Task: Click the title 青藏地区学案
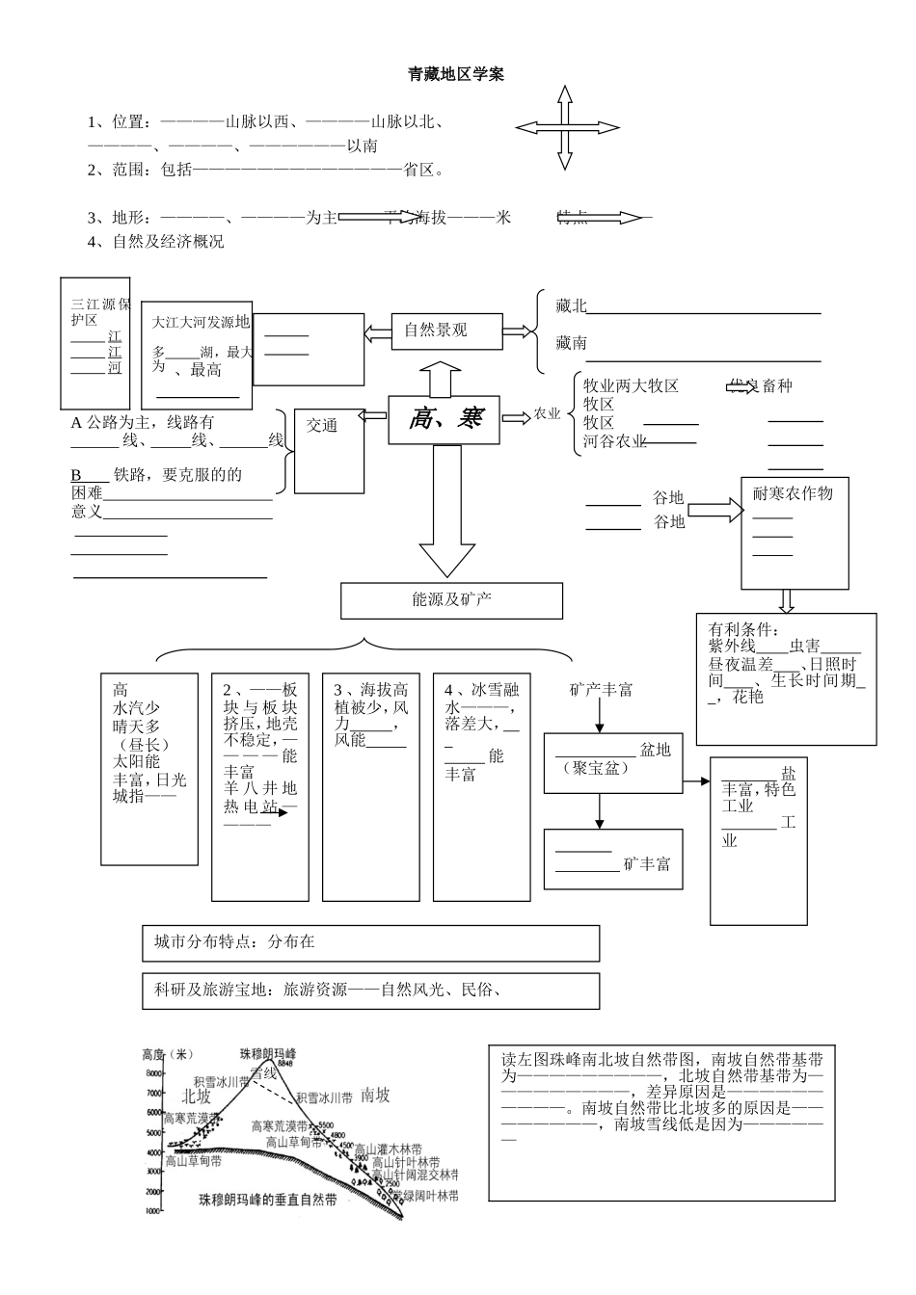click(x=456, y=74)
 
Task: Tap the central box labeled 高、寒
click(x=445, y=419)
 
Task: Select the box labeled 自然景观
click(x=436, y=330)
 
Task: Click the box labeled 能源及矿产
click(x=451, y=600)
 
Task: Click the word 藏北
click(x=571, y=306)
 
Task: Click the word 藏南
click(x=571, y=343)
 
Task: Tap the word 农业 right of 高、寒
click(x=547, y=414)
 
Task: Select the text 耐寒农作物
click(x=793, y=493)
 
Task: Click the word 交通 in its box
click(x=322, y=425)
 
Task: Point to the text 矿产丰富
click(x=602, y=690)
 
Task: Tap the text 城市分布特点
click(x=200, y=942)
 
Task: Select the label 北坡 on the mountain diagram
click(x=197, y=1096)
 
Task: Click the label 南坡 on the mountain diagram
click(x=375, y=1095)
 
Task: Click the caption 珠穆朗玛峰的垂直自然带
click(x=268, y=1201)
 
